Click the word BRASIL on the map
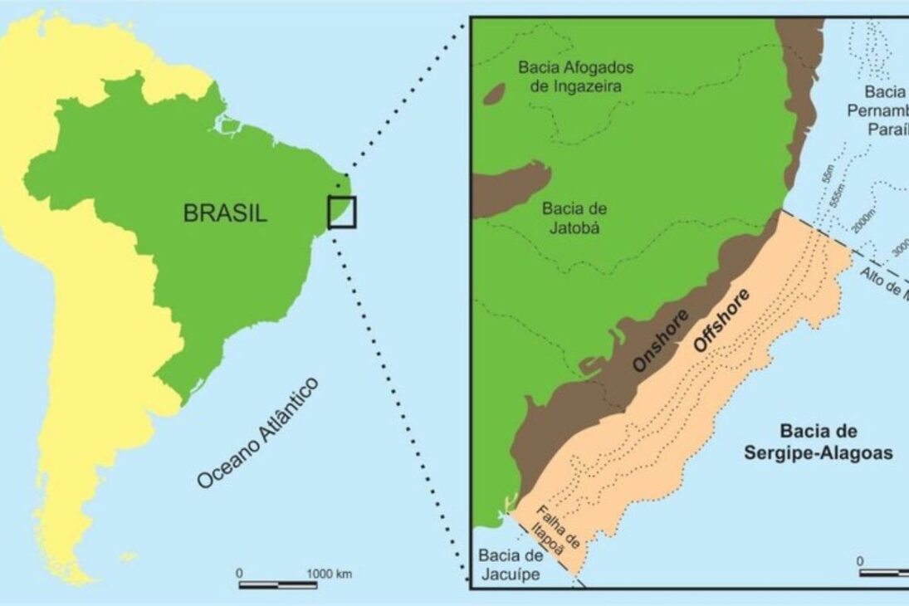(x=225, y=214)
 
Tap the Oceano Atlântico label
(x=258, y=433)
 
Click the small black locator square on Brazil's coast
(x=341, y=212)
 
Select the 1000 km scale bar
(x=278, y=584)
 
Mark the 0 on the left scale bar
(x=240, y=573)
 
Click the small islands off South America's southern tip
(x=127, y=555)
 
